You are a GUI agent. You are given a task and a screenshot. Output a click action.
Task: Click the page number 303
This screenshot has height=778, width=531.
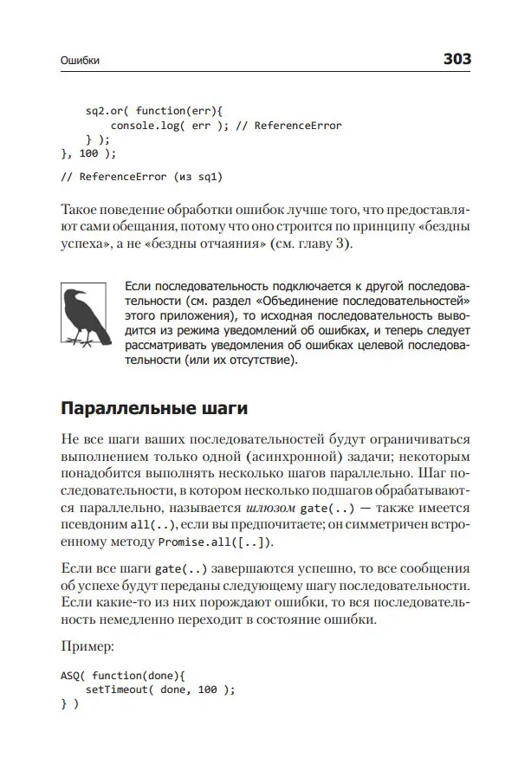(457, 59)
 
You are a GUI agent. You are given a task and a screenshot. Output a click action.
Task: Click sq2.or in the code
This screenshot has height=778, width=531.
(106, 112)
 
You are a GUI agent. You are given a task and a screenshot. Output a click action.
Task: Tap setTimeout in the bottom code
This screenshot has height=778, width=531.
(120, 690)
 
